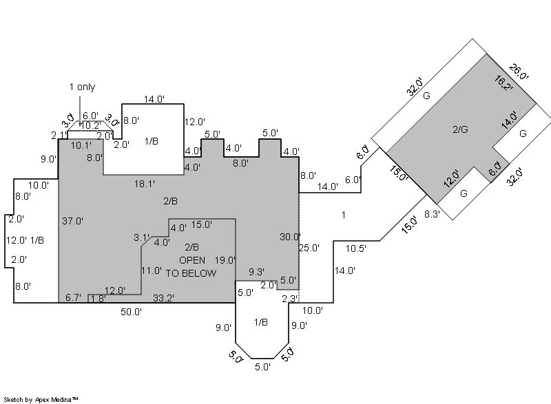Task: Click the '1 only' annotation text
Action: click(x=82, y=87)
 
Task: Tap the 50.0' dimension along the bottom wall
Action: click(x=131, y=312)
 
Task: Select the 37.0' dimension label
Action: click(x=72, y=221)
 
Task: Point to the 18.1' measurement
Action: click(x=144, y=184)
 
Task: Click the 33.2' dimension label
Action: click(x=163, y=298)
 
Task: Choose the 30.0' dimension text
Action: click(x=289, y=237)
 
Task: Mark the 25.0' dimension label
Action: click(x=309, y=248)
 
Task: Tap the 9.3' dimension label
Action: click(x=257, y=272)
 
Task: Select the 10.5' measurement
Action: click(x=355, y=248)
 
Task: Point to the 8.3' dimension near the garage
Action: click(x=431, y=215)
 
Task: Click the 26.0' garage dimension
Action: click(x=519, y=72)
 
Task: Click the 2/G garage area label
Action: click(x=460, y=129)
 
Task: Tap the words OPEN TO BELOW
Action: click(x=197, y=266)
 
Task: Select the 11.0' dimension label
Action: click(x=152, y=270)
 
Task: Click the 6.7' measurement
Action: click(x=73, y=297)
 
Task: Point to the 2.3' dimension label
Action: click(x=290, y=298)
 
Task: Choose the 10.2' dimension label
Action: click(x=92, y=125)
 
